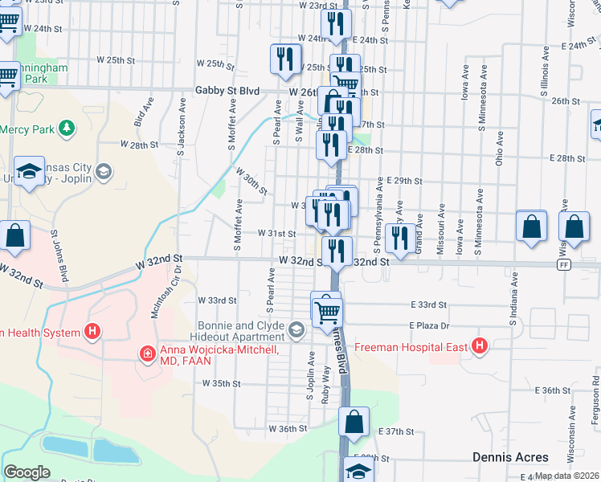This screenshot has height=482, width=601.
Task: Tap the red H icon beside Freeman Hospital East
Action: (x=480, y=347)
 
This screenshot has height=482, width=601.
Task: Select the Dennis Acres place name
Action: (x=509, y=457)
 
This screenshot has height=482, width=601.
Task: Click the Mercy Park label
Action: (x=27, y=129)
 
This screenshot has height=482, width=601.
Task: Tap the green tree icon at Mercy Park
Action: (x=67, y=128)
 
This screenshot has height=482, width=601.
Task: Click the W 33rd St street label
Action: (x=217, y=300)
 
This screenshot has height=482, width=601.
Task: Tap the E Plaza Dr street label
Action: (x=429, y=325)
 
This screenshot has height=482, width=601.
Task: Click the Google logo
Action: (x=27, y=472)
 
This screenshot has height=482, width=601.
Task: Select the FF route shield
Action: (x=564, y=264)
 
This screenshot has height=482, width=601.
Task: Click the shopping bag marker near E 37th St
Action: (x=354, y=421)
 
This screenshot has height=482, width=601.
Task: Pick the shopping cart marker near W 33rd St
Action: (x=326, y=308)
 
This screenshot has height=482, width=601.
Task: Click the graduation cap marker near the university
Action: (x=30, y=171)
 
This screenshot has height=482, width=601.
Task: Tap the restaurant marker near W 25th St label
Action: (x=284, y=59)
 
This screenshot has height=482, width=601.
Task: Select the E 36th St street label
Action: (x=555, y=390)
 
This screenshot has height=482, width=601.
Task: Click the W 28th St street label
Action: (x=139, y=145)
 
